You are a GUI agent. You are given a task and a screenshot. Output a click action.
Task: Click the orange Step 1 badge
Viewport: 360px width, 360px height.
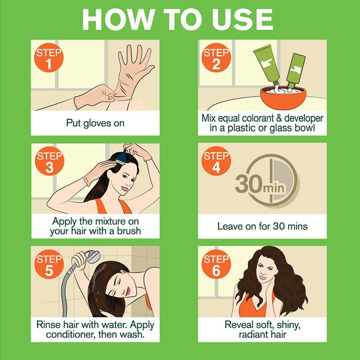tap(49, 58)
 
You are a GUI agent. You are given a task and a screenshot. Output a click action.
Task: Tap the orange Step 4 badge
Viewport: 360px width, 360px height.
tap(216, 162)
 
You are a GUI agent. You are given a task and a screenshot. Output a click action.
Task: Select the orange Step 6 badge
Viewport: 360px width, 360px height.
tap(216, 265)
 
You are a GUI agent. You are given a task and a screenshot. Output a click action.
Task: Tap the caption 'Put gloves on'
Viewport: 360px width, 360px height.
tap(95, 123)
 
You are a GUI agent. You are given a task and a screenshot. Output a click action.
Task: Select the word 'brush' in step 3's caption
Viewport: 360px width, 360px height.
tap(129, 231)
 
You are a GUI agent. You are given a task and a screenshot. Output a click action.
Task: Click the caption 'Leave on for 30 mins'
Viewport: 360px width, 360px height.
tap(262, 226)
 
